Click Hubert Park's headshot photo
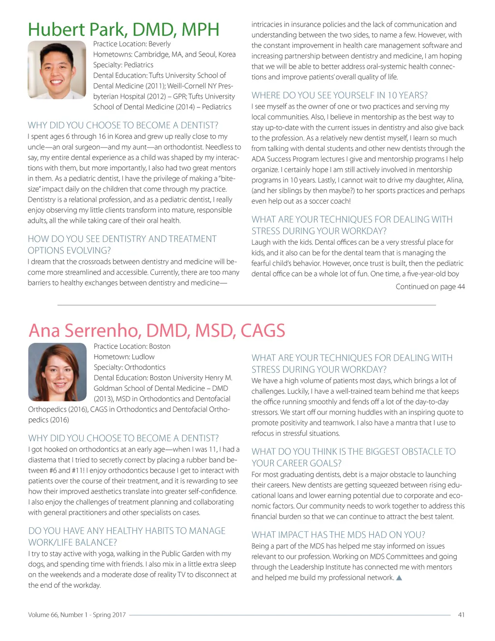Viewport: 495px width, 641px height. point(57,70)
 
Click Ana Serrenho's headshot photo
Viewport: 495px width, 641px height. point(58,372)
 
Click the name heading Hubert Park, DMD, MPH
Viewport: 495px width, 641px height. point(124,30)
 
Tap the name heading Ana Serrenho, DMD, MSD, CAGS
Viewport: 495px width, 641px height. point(157,330)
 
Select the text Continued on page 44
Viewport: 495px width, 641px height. point(430,287)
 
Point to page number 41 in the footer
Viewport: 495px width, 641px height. point(461,615)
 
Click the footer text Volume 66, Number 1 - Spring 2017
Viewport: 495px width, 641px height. point(77,615)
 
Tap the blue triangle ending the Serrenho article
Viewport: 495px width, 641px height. point(399,578)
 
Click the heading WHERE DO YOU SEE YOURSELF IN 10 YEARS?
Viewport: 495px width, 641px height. point(339,95)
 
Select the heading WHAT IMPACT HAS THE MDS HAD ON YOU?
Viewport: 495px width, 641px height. point(338,535)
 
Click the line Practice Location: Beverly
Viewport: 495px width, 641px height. point(132,44)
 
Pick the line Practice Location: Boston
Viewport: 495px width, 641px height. point(132,346)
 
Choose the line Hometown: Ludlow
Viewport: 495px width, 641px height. point(124,357)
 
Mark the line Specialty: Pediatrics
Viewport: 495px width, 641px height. point(123,65)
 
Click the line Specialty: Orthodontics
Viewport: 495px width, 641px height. point(130,367)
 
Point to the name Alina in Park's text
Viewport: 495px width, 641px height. point(454,180)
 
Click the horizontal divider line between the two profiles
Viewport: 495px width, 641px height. point(247,305)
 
